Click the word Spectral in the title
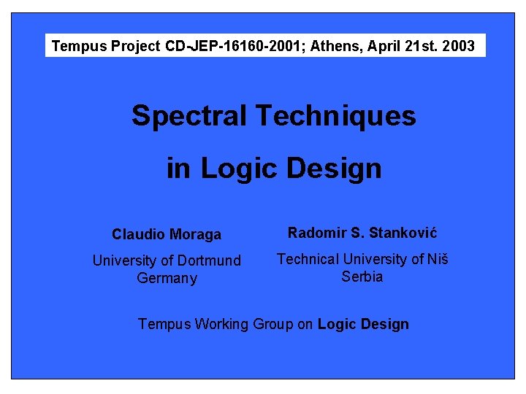click(x=189, y=116)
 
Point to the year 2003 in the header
click(x=459, y=47)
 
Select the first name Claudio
click(x=137, y=235)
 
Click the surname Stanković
click(x=403, y=233)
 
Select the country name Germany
click(x=167, y=279)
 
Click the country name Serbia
click(x=362, y=277)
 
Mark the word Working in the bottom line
click(x=221, y=324)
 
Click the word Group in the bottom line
click(x=272, y=324)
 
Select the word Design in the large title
click(x=335, y=169)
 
